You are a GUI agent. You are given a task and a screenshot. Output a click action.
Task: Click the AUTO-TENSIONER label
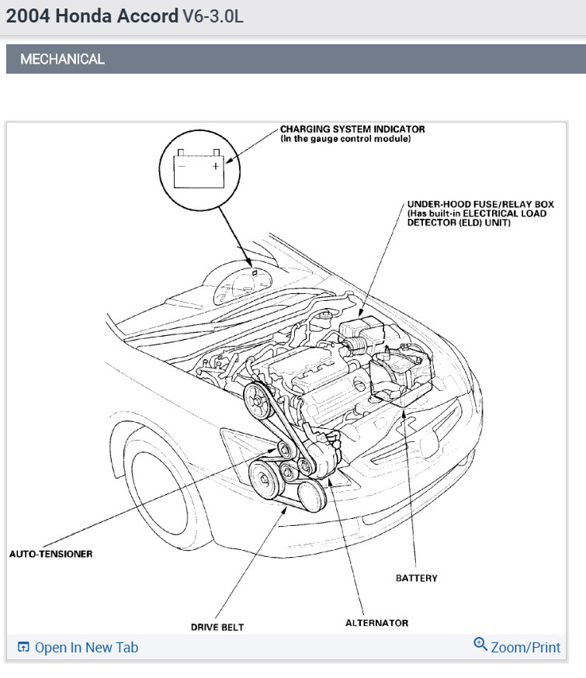tap(50, 554)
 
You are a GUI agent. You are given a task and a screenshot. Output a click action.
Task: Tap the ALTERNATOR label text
tap(376, 622)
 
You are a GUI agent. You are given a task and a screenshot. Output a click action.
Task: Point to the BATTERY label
tap(416, 578)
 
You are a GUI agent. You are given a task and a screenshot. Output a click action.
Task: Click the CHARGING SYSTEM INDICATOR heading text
tap(352, 129)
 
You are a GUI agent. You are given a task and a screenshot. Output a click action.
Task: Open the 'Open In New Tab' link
tap(86, 647)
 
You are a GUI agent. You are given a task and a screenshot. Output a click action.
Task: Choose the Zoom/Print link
tap(525, 647)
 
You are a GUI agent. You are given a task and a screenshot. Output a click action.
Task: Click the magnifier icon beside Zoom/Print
tap(480, 645)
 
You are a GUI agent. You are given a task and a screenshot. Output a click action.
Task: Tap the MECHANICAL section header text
tap(62, 59)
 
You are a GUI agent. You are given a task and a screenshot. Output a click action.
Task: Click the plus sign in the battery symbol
tap(216, 165)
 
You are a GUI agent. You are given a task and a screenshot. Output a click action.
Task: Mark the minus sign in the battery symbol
tap(181, 165)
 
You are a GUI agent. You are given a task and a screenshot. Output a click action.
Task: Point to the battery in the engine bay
tap(400, 372)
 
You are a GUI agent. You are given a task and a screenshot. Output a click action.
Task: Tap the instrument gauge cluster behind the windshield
tap(237, 287)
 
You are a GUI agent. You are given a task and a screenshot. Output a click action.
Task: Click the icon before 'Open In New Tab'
tap(23, 647)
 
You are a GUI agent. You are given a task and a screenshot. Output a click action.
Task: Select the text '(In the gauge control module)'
tap(345, 139)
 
